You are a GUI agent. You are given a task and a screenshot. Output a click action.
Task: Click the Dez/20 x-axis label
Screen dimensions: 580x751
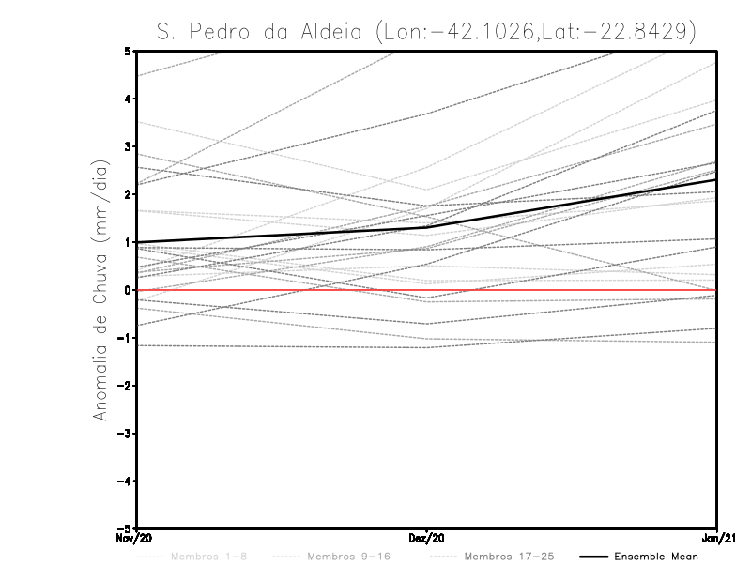427,539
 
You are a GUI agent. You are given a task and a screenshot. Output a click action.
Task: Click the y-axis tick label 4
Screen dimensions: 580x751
128,99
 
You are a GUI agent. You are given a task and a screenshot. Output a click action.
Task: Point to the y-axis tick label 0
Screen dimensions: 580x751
128,290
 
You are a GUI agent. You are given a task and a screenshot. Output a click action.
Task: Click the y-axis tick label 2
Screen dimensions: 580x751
128,194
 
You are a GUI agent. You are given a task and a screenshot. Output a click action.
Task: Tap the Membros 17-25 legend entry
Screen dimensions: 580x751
510,557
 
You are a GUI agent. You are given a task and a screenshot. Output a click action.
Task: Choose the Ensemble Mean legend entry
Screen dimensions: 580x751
656,557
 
